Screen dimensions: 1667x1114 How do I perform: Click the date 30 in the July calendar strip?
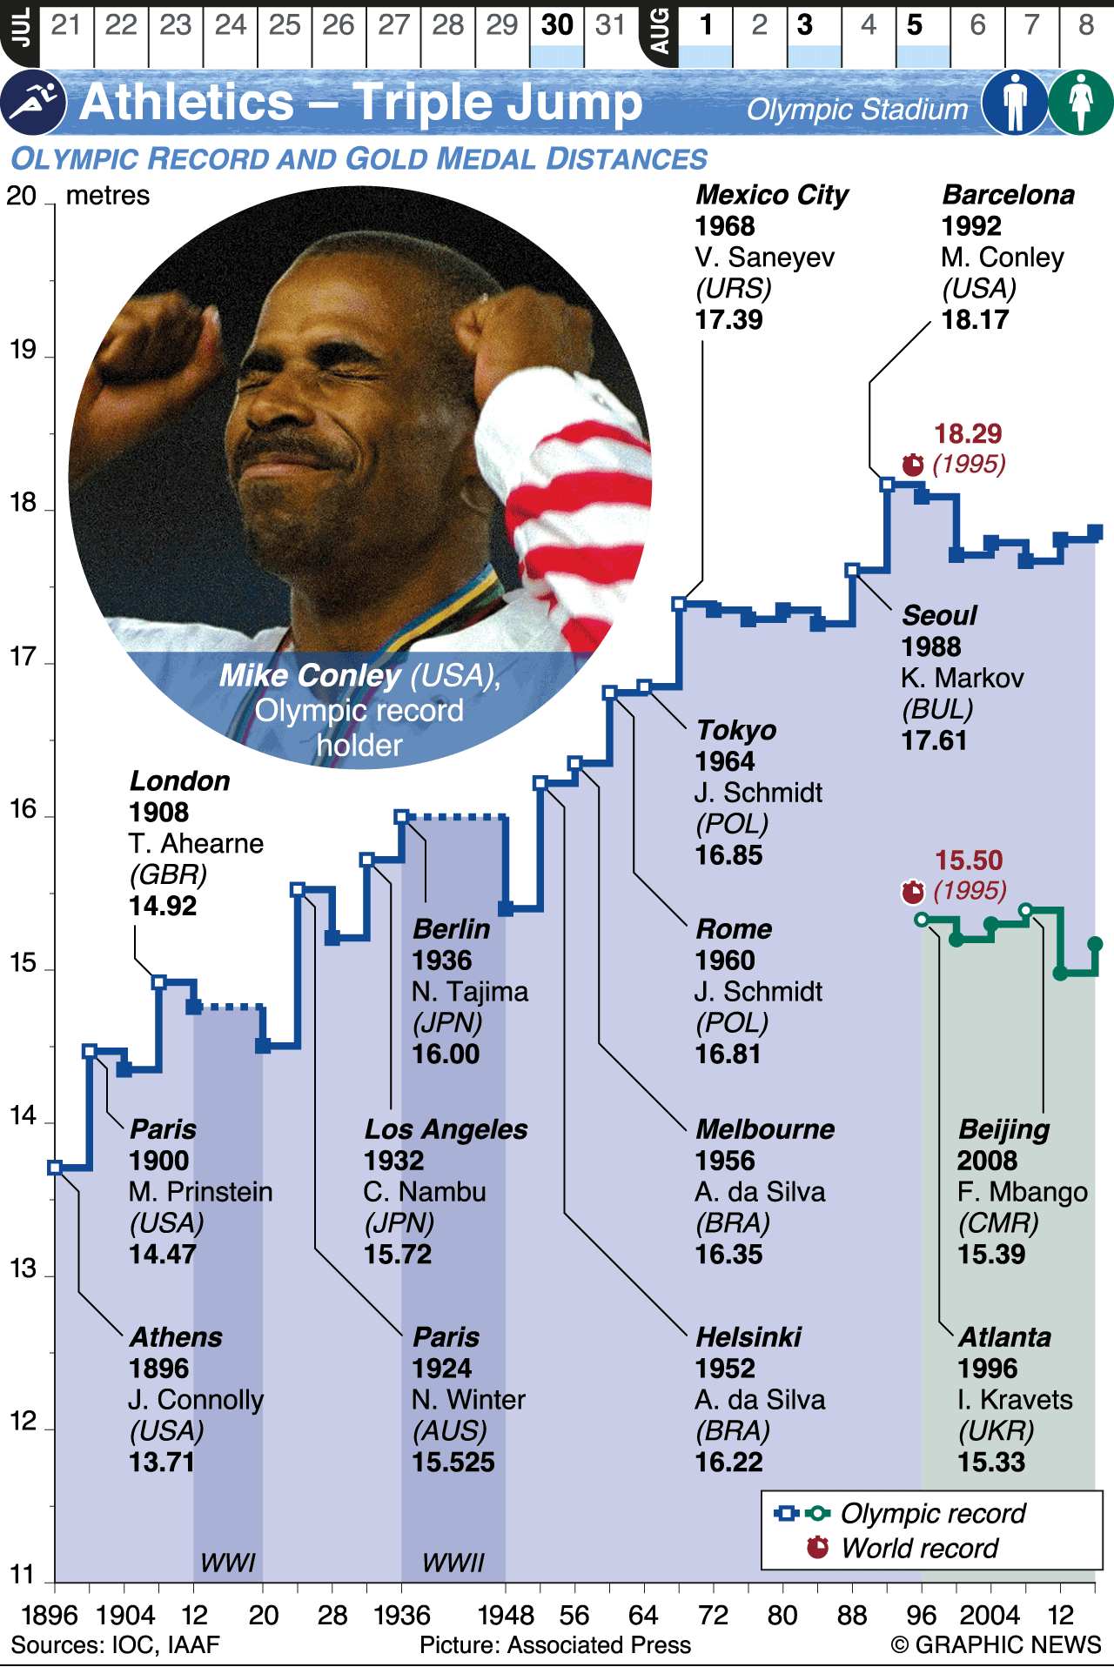[x=557, y=25]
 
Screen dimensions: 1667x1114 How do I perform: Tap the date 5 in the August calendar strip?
[x=915, y=25]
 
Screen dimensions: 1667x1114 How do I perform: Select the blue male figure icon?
[x=1015, y=103]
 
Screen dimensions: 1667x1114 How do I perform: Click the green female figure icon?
[x=1081, y=103]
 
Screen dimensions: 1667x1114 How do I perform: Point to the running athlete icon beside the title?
[x=32, y=103]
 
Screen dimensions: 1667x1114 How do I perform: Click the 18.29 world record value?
[x=968, y=433]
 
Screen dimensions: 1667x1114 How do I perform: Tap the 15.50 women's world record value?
[x=969, y=860]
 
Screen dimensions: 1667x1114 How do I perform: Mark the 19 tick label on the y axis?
[x=22, y=350]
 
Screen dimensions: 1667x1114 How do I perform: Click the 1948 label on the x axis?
[x=506, y=1616]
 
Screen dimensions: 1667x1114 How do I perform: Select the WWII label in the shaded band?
[x=453, y=1563]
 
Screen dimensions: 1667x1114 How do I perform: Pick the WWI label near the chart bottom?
[x=228, y=1563]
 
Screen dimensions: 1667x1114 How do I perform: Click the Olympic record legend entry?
[x=933, y=1514]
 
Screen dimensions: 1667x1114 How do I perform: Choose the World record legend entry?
[x=920, y=1549]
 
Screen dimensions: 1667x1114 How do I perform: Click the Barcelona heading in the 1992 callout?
[x=1008, y=195]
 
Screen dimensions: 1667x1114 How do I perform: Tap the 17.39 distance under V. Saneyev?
[x=728, y=320]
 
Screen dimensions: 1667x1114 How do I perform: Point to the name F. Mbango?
[x=1023, y=1192]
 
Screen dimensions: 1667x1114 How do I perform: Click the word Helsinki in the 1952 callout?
[x=748, y=1337]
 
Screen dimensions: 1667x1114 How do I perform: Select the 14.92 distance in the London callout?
[x=163, y=907]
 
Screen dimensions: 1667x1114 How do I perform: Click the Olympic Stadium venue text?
[x=857, y=110]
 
